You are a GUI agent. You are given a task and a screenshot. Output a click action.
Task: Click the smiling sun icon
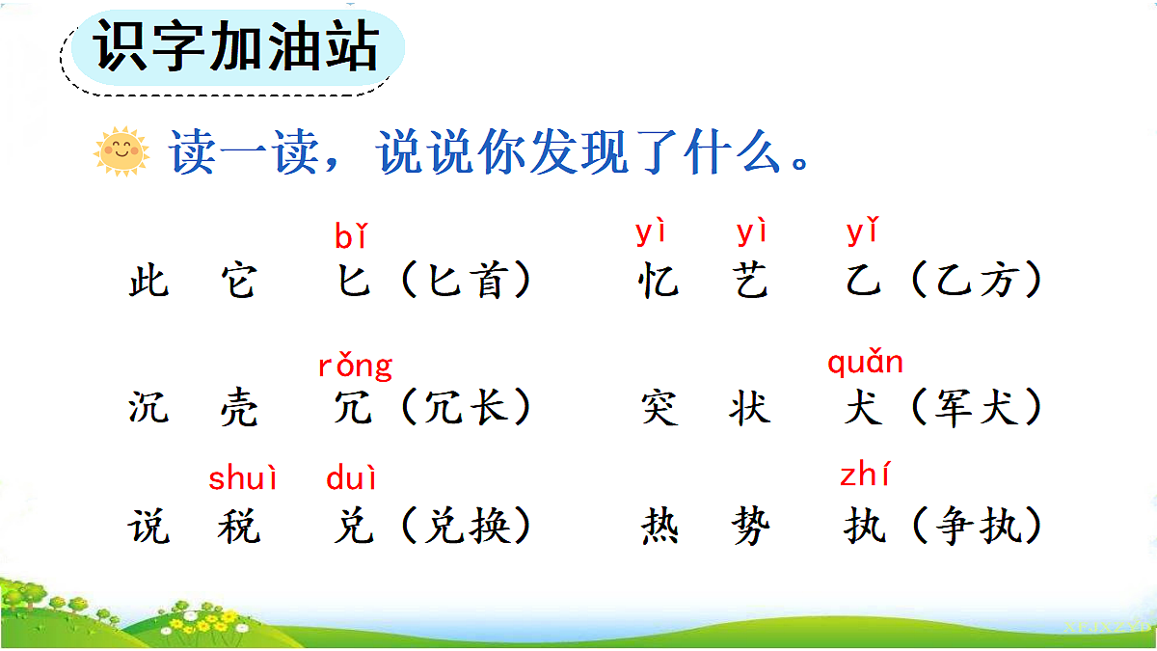(x=122, y=151)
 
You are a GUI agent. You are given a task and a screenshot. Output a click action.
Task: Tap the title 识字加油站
(x=236, y=47)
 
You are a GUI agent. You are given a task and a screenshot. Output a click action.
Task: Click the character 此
(x=148, y=282)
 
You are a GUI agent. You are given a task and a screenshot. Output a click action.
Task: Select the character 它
(x=238, y=282)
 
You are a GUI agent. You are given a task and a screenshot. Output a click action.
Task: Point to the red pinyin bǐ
(x=351, y=236)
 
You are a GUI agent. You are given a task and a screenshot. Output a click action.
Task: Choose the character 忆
(x=659, y=282)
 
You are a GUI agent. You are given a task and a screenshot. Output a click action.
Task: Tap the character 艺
(x=750, y=282)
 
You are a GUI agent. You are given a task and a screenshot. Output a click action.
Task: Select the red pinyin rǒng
(x=355, y=366)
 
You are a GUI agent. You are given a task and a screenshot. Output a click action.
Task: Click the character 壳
(x=238, y=408)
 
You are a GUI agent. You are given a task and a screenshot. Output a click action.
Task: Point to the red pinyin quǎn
(x=865, y=364)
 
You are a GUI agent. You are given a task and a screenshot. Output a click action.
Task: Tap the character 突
(x=659, y=408)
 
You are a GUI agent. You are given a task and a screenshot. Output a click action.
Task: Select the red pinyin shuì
(x=243, y=477)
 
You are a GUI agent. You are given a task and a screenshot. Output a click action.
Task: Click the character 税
(x=238, y=528)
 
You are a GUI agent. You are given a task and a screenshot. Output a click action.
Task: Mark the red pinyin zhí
(x=865, y=475)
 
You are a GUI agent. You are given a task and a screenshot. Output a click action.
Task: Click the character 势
(x=750, y=528)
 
